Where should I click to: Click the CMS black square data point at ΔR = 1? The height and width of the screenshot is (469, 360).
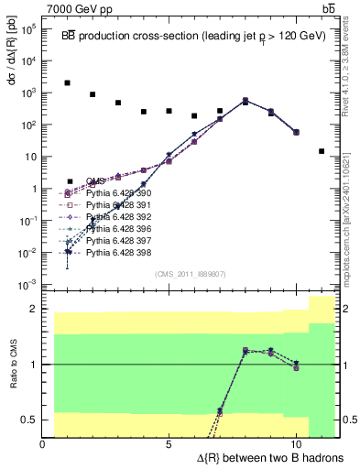68,83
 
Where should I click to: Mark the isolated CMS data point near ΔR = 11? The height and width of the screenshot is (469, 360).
322,151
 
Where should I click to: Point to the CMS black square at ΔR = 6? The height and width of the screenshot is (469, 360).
194,116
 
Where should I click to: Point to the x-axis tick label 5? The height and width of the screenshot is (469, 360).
169,444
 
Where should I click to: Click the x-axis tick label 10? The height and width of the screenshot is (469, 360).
295,444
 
